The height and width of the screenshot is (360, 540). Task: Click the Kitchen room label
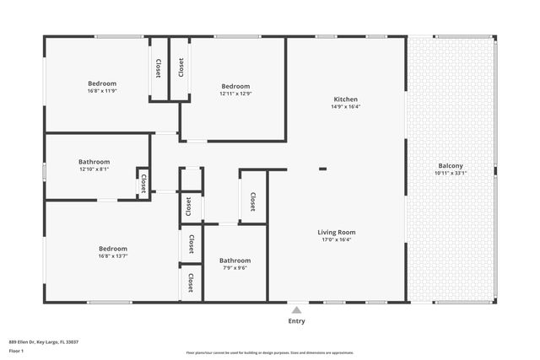click(345, 99)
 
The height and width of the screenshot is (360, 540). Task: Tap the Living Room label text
click(336, 232)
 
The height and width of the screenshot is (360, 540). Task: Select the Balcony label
click(451, 165)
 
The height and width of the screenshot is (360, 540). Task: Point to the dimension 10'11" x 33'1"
click(451, 173)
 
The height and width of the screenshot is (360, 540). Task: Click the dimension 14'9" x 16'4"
click(345, 107)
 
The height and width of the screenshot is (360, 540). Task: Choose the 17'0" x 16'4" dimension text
click(336, 240)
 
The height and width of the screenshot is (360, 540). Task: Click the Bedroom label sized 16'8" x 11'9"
click(102, 83)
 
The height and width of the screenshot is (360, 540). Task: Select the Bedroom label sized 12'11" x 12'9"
click(235, 86)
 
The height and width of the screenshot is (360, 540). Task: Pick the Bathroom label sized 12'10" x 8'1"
click(94, 161)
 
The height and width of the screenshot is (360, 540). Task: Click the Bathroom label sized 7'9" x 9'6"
click(235, 261)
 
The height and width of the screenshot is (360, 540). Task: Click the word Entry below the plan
click(297, 320)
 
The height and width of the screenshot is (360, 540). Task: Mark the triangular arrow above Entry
click(297, 308)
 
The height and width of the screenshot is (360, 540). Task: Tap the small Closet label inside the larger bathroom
click(143, 183)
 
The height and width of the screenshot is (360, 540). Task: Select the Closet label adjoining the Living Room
click(252, 201)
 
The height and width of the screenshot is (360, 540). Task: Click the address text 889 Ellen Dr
click(44, 341)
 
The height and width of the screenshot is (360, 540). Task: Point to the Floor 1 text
click(17, 350)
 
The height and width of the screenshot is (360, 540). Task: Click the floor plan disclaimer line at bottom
click(270, 352)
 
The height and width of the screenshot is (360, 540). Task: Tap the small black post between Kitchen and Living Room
click(322, 169)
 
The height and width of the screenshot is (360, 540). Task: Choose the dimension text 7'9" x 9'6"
click(235, 269)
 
